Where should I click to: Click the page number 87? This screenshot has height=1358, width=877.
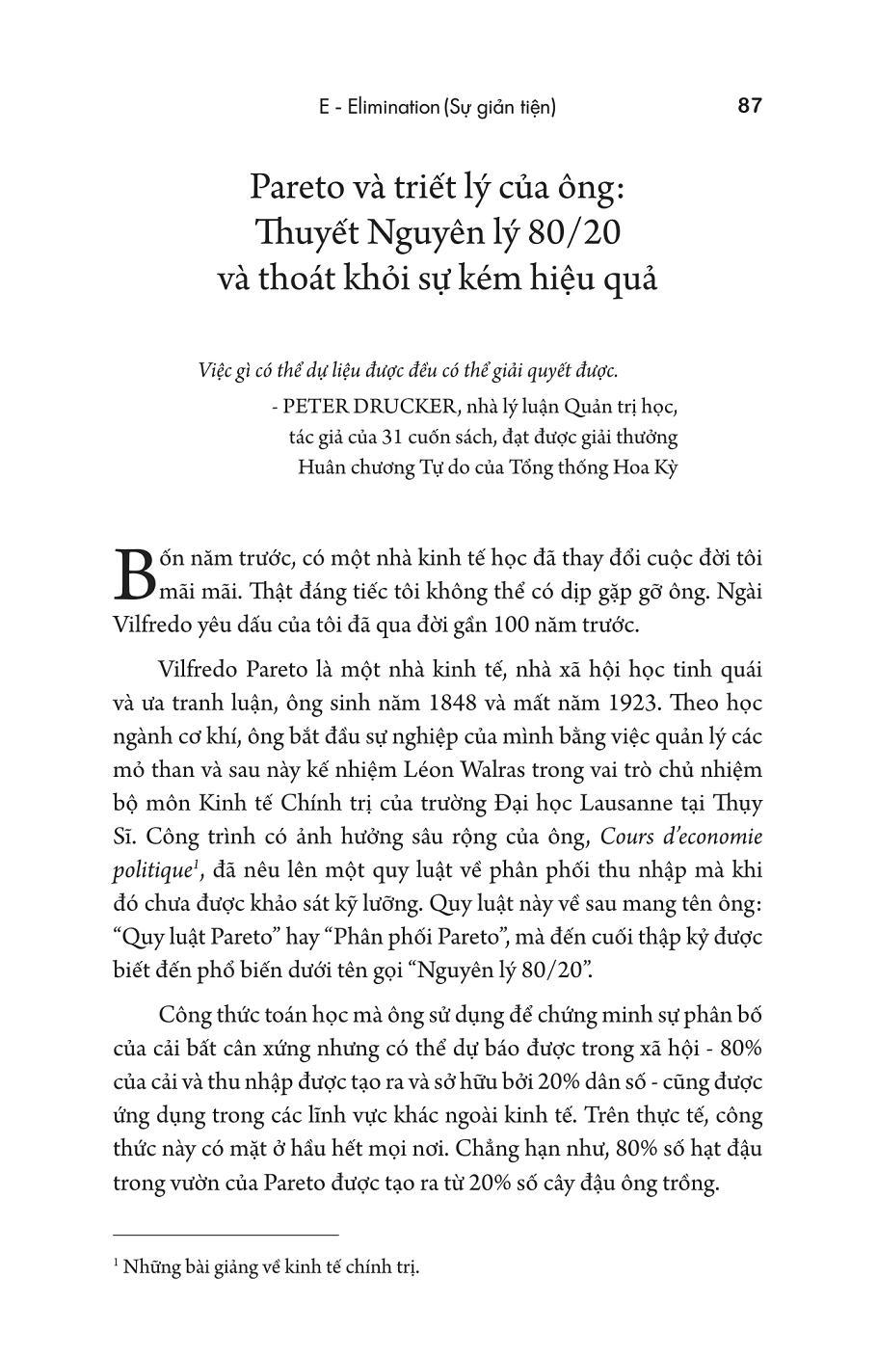pos(749,105)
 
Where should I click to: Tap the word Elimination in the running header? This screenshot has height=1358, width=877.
pos(389,107)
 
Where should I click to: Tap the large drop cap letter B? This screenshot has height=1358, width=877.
pos(135,573)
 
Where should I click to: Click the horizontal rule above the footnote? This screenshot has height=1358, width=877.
pos(226,1234)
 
